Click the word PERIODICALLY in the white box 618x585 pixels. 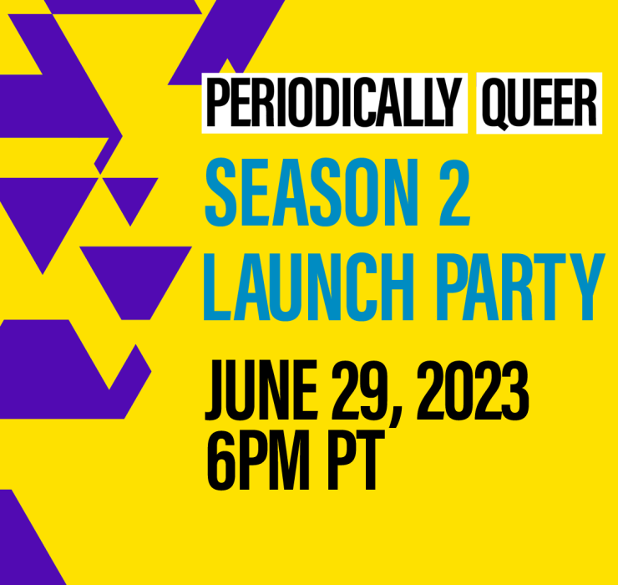pyautogui.click(x=334, y=103)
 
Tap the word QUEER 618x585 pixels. pyautogui.click(x=539, y=104)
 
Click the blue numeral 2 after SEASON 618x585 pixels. pyautogui.click(x=454, y=192)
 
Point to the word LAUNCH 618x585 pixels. pyautogui.click(x=309, y=287)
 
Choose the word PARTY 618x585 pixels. pyautogui.click(x=520, y=287)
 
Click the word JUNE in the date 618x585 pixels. pyautogui.click(x=261, y=390)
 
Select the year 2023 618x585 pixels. pyautogui.click(x=472, y=390)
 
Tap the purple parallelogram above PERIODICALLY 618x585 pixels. pyautogui.click(x=226, y=43)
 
